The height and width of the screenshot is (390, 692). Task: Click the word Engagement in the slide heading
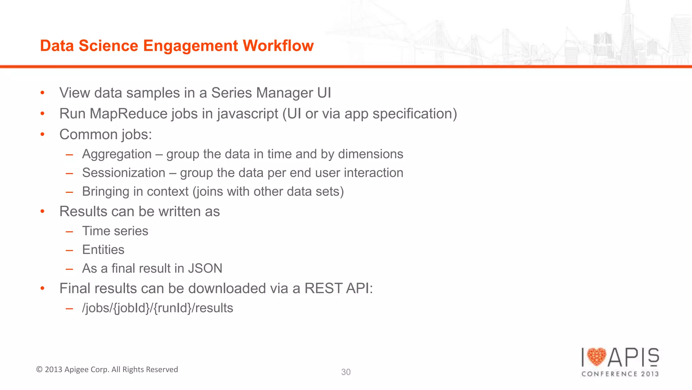(191, 46)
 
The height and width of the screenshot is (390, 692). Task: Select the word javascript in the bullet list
(248, 114)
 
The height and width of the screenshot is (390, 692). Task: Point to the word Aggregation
(117, 154)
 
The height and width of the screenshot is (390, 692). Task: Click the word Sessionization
(124, 173)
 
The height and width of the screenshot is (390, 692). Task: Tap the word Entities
(103, 250)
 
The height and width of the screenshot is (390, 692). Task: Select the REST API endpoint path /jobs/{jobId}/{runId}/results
(157, 308)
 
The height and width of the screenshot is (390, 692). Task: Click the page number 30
(346, 372)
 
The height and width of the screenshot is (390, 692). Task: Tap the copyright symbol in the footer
(39, 369)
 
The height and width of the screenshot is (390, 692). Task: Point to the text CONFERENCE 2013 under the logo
(620, 374)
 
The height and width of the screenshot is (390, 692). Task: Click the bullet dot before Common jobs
(42, 135)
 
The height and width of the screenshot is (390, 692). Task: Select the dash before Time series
(70, 231)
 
